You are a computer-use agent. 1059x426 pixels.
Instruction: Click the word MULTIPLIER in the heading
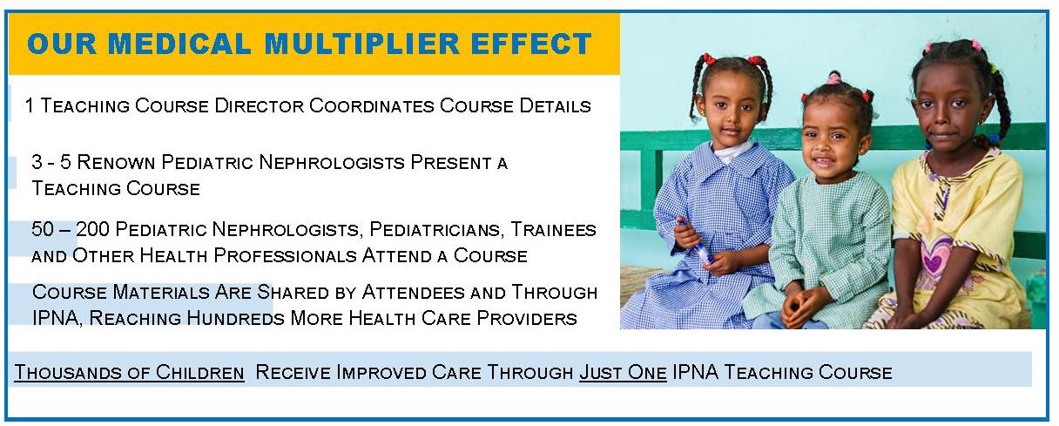361,44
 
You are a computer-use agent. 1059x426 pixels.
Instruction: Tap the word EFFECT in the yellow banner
531,44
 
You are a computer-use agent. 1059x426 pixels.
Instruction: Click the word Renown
116,162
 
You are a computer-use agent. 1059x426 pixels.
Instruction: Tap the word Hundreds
235,318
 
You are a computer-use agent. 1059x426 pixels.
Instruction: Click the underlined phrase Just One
623,373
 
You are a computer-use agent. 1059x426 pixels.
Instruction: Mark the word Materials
161,292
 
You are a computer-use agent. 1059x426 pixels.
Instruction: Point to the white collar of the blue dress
731,152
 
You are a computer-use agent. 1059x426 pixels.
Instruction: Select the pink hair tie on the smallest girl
834,78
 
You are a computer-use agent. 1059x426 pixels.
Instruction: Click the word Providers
527,318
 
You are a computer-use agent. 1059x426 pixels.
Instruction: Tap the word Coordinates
372,105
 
